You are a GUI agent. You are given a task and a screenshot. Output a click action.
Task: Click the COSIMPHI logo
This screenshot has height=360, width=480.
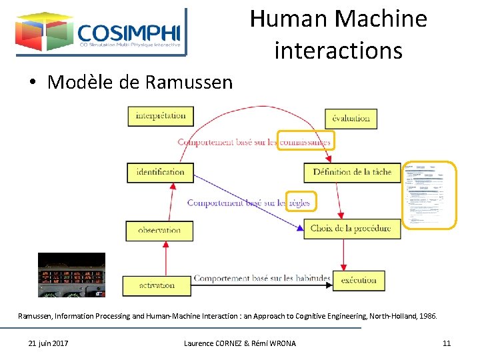click(x=101, y=31)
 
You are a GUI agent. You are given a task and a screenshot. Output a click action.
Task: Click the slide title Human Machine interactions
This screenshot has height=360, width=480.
click(x=338, y=35)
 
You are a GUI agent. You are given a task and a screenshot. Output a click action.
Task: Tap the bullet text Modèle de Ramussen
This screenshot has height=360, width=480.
click(x=140, y=82)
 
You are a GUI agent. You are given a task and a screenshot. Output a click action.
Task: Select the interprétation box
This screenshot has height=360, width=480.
click(x=161, y=116)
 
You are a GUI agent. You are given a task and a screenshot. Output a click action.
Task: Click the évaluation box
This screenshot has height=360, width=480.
click(x=351, y=119)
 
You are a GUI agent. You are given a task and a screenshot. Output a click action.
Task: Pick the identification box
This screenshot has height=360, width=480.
click(x=160, y=172)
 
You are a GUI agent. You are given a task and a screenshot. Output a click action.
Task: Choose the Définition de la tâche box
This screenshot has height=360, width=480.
click(x=352, y=172)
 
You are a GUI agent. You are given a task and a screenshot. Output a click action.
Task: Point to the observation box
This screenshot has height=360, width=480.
click(x=159, y=231)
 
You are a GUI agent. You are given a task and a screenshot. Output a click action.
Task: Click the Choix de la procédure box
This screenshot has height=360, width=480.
click(x=351, y=229)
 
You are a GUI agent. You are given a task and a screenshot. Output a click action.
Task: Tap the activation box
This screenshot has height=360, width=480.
click(x=157, y=285)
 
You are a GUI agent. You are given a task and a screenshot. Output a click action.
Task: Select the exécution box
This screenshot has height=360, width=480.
click(x=359, y=281)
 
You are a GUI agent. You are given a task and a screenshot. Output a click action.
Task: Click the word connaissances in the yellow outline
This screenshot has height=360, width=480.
click(x=305, y=141)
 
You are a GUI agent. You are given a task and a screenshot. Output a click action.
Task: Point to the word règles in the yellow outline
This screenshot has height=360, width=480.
click(x=298, y=203)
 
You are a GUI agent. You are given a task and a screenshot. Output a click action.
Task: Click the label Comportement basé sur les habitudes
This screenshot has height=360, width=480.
click(x=262, y=279)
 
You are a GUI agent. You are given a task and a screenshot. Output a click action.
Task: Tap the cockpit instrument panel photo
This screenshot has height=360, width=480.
click(x=71, y=275)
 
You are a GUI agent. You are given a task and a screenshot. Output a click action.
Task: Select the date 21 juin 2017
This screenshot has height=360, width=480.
click(x=48, y=343)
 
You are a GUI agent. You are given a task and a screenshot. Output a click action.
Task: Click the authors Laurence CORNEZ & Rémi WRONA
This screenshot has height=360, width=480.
click(x=240, y=343)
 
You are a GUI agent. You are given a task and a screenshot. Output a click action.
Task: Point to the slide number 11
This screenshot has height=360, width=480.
click(x=447, y=343)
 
